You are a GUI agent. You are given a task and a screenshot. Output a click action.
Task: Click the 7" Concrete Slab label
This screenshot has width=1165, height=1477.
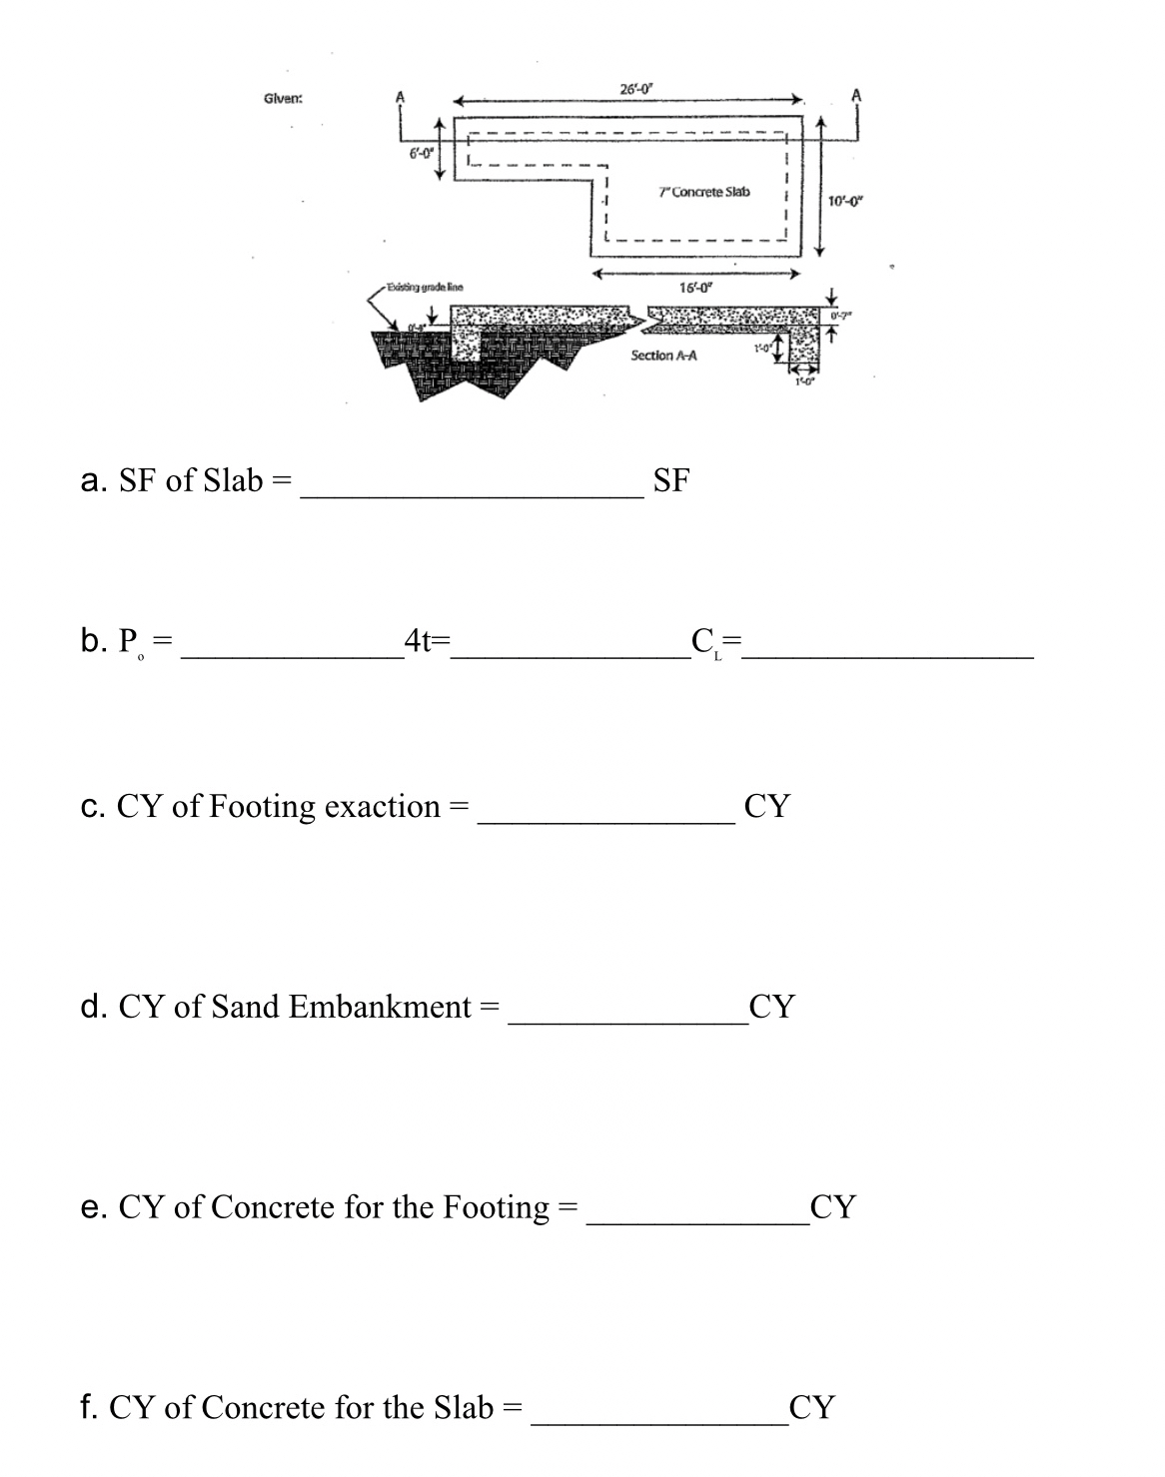point(704,191)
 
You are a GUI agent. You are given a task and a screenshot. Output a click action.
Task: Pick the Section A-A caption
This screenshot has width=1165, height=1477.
point(664,356)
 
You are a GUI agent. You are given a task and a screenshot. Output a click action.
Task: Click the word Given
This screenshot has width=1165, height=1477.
point(283,98)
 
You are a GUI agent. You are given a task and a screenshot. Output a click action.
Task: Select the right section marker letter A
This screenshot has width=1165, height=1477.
point(855,96)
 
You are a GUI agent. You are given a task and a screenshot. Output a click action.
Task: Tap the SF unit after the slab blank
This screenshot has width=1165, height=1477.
point(670,480)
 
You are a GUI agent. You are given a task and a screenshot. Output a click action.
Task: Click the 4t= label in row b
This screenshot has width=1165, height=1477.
point(428,641)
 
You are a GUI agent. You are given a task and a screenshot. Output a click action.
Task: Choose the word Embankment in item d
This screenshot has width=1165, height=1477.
point(380,1007)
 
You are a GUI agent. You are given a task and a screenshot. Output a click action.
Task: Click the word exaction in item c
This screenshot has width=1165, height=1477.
point(383,806)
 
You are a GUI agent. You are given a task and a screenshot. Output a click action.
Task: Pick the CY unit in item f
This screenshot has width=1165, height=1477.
point(810,1407)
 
